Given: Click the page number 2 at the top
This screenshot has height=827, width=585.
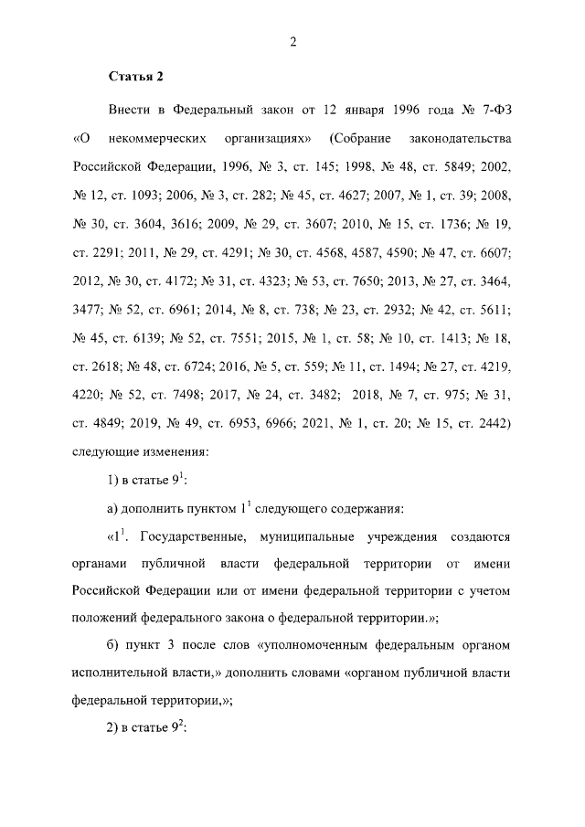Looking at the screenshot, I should click(x=293, y=41).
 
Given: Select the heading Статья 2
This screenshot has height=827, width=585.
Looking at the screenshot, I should click(x=134, y=77).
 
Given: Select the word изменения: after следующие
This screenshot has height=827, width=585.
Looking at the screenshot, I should click(x=178, y=451).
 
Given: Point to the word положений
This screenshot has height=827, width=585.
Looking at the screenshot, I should click(x=105, y=618).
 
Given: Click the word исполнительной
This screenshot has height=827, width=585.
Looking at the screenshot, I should click(x=119, y=674).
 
